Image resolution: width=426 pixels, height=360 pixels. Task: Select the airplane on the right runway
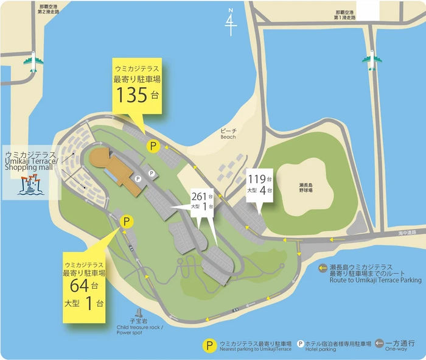coord(371,60)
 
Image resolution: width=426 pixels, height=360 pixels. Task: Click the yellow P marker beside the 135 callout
coord(153,146)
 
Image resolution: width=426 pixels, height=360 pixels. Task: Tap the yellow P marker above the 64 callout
coord(127,222)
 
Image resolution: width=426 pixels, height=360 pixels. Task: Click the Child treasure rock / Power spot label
coord(140,330)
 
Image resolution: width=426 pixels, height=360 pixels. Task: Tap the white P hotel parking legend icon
coord(301,345)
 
